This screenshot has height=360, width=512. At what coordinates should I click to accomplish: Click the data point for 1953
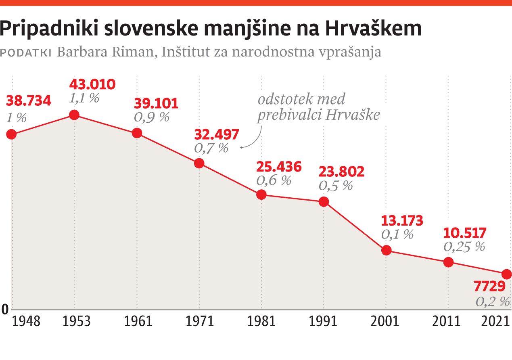[74, 115]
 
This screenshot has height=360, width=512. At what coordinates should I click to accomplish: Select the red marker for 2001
[386, 250]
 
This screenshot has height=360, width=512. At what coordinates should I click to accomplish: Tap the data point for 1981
[261, 195]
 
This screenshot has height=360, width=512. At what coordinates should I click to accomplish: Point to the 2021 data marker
[507, 274]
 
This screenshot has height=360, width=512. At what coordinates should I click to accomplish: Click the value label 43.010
[92, 84]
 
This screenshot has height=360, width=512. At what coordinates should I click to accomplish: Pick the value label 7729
[489, 287]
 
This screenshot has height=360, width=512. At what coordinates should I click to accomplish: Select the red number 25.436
[279, 167]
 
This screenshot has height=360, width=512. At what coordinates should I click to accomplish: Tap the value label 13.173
[402, 221]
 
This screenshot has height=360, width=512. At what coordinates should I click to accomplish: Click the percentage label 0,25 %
[464, 247]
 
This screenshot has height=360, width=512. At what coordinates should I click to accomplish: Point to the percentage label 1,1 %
[84, 98]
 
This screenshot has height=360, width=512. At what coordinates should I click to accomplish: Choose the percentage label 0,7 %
[211, 148]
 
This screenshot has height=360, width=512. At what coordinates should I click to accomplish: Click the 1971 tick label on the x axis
[199, 321]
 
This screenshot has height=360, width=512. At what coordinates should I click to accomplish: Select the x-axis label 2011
[446, 321]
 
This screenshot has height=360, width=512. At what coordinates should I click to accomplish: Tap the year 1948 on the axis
[27, 321]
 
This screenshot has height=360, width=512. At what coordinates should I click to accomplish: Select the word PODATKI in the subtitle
[26, 53]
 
